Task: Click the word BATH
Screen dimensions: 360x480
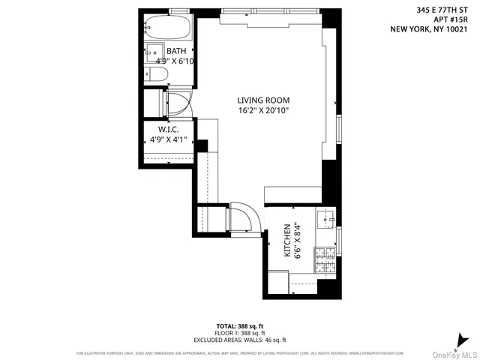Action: [x=176, y=51]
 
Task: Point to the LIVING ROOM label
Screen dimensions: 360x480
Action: [x=263, y=100]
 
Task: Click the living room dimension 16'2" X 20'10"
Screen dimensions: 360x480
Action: [x=263, y=111]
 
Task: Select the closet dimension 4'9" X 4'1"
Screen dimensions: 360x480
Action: [x=169, y=139]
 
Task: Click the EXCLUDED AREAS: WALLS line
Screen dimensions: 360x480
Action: [x=240, y=340]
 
